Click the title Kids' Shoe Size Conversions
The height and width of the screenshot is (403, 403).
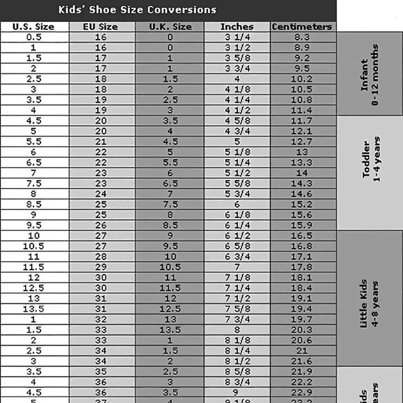coord(137,10)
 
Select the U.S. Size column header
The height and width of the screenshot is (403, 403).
coord(33,27)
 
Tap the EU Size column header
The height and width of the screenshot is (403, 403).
coord(101,27)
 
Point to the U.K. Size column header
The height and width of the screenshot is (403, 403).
coord(170,27)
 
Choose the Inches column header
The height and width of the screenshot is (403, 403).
coord(237,27)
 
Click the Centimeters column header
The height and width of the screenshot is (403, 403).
coord(302,27)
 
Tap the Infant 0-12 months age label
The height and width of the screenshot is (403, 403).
coord(370,75)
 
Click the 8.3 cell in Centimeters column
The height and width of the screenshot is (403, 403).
coord(302,37)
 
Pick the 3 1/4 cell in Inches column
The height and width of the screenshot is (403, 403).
coord(237,37)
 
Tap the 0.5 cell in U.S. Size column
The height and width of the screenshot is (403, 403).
coord(33,37)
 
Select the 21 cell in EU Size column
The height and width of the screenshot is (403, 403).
coord(101,141)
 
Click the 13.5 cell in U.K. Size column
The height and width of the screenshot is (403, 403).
coord(170,330)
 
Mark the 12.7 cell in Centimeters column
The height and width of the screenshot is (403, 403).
coord(302,141)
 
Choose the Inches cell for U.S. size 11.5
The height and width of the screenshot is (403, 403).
coord(237,267)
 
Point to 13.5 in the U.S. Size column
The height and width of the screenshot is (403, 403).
coord(33,309)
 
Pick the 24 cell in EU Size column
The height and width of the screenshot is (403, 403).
coord(101,194)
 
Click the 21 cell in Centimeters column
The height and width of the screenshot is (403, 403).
coord(302,351)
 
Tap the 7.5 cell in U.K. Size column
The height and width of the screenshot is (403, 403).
coord(170,204)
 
